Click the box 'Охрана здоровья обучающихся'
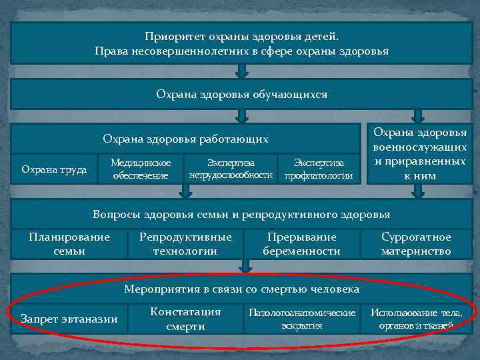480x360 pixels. point(241,95)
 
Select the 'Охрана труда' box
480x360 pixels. point(54,169)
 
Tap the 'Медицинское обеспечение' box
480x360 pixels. point(140,169)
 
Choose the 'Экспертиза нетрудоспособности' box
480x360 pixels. point(231,169)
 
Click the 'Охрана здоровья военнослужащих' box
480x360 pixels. point(419,154)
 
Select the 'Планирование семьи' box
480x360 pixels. point(69,244)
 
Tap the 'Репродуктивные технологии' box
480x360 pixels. point(185,244)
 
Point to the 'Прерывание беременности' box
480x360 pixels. point(301,244)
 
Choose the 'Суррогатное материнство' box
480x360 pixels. point(416,244)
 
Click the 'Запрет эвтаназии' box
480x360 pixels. point(69,319)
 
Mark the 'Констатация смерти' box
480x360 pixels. point(185,319)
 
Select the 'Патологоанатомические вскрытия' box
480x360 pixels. point(301,319)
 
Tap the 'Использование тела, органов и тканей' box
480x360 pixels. point(416,319)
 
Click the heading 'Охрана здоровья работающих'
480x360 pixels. point(185,139)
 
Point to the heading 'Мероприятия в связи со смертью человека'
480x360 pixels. point(241,289)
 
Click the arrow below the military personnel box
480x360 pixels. point(418,191)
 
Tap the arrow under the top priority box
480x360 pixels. point(243,70)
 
